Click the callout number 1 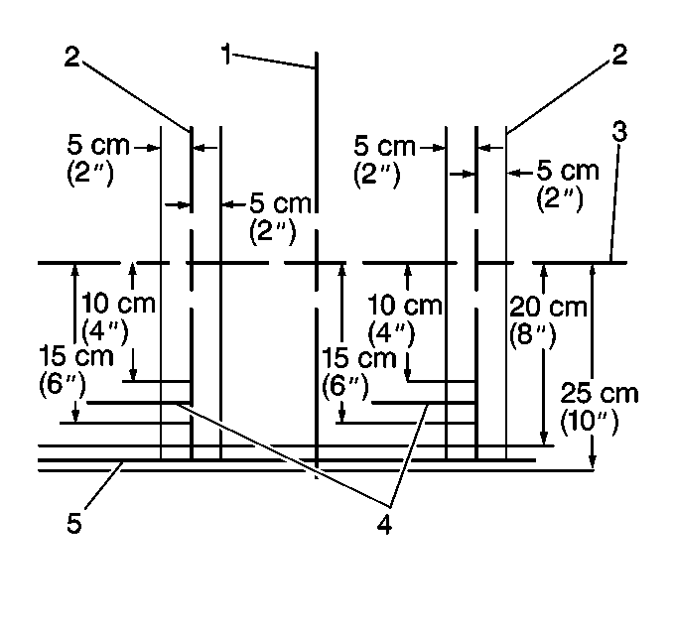pos(226,54)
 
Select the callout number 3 pos(619,131)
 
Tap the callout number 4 pos(384,524)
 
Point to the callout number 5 pos(73,524)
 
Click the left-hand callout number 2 pos(72,57)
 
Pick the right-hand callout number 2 pos(619,55)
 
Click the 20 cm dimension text pos(548,308)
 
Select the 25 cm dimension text pos(600,393)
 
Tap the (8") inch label pos(533,334)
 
